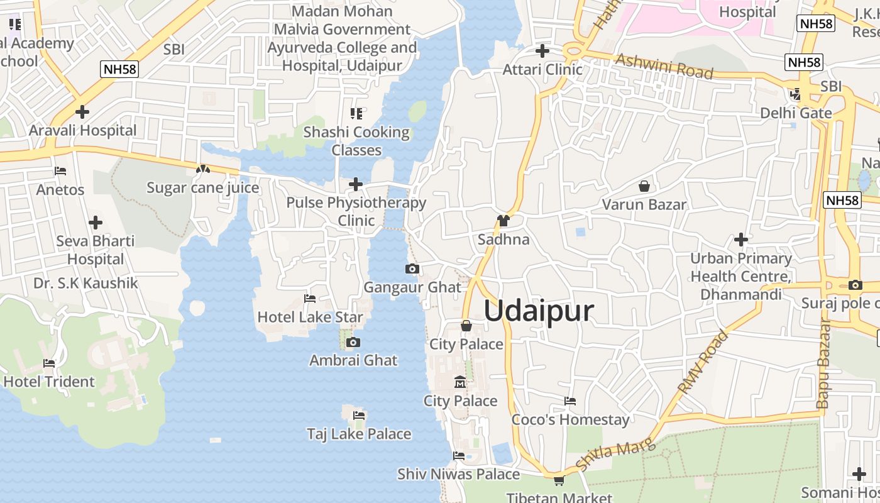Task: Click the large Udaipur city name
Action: [x=539, y=311]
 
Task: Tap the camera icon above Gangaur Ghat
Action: [x=412, y=269]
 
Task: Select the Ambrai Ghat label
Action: [x=353, y=360]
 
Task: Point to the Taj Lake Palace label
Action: [x=359, y=434]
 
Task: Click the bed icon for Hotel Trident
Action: [x=49, y=363]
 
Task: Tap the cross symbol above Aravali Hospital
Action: [x=82, y=113]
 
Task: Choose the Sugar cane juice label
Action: [x=202, y=187]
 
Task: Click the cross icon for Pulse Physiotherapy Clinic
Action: [x=356, y=184]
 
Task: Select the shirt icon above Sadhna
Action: [x=503, y=221]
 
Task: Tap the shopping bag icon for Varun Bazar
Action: [x=644, y=186]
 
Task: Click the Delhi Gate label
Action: [x=796, y=113]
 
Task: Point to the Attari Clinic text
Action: [x=542, y=69]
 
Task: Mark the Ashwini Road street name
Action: [x=664, y=66]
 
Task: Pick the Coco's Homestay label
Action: [x=570, y=419]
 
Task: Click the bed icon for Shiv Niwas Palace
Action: [x=459, y=456]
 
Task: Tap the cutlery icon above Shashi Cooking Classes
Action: [x=356, y=114]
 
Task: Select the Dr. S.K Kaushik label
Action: [x=85, y=283]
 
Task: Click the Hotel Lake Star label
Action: [x=311, y=317]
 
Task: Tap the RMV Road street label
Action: [x=703, y=362]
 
